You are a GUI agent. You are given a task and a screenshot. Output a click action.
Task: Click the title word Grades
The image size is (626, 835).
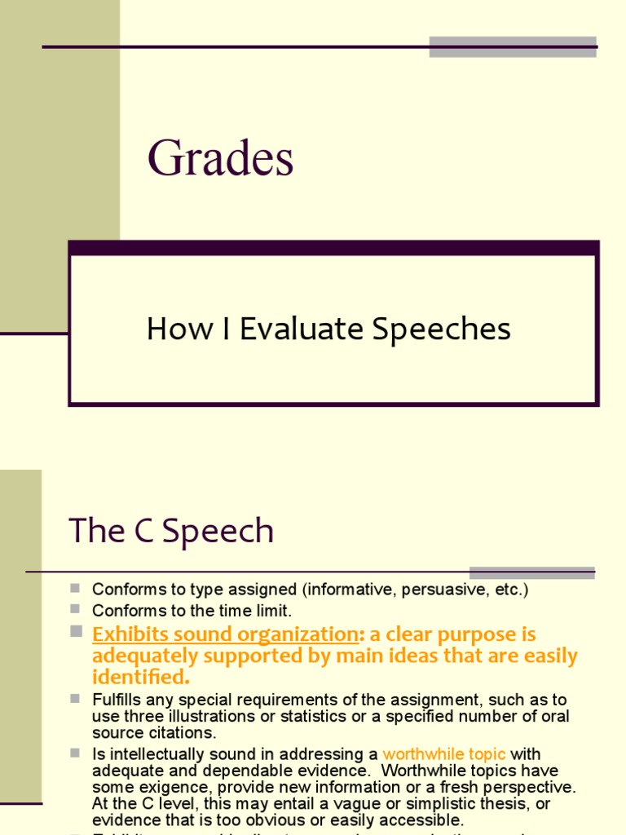220,159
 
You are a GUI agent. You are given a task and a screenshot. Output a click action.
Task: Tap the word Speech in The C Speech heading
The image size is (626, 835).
218,532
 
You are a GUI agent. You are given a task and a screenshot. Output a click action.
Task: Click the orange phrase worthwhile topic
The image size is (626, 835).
444,754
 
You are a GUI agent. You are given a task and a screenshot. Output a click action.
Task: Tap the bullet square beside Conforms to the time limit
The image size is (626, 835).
75,609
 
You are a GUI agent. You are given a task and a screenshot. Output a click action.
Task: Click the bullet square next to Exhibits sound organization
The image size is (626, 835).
76,631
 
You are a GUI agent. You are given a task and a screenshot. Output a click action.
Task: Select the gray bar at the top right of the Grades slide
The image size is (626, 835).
513,46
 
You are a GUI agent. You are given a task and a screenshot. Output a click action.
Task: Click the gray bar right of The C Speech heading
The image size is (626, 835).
531,572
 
